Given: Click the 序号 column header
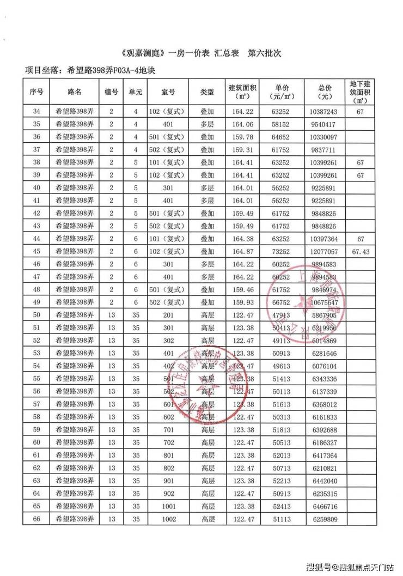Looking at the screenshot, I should tap(36, 92).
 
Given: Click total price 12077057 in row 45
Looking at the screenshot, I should tap(326, 252).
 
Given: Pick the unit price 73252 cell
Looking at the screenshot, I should tap(282, 252).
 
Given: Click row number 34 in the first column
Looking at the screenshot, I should tap(36, 112).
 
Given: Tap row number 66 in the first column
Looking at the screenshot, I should tap(36, 519).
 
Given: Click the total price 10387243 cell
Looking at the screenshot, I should tap(326, 112).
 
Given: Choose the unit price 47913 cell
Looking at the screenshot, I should tap(282, 316).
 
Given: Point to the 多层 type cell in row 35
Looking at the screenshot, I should tap(207, 124).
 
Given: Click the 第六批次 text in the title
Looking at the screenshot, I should tap(265, 54).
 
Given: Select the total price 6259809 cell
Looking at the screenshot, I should tap(326, 519).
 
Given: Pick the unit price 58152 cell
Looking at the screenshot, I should tap(282, 124).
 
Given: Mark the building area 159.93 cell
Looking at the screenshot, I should tap(242, 302).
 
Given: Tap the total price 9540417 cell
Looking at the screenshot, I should tap(326, 124).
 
